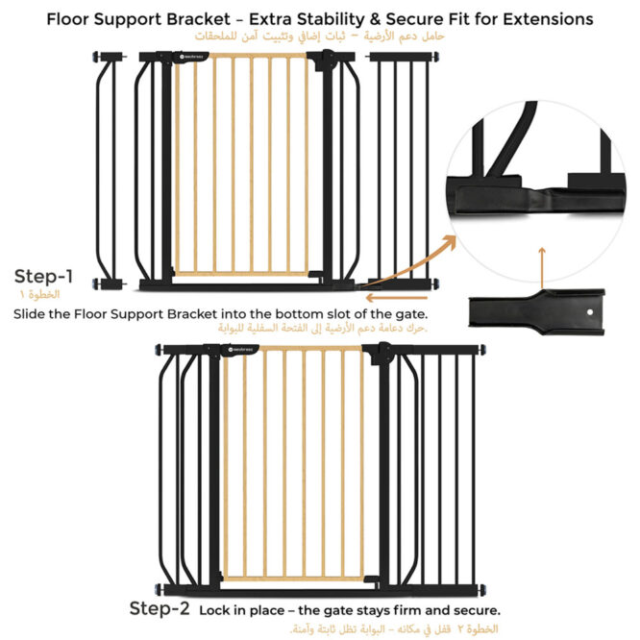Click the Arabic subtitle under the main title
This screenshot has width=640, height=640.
pos(319,37)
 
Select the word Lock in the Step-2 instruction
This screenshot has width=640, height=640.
pos(215,610)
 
